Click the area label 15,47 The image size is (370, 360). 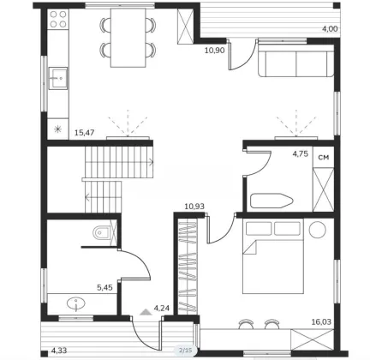click(x=84, y=133)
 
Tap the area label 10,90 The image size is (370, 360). click(x=215, y=51)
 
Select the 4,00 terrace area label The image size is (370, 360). click(x=330, y=28)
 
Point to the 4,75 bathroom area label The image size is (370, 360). click(x=301, y=154)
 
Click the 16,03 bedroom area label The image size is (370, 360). click(x=321, y=322)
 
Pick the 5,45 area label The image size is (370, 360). click(x=104, y=287)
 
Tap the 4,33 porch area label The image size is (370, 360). click(x=59, y=351)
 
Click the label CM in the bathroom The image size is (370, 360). click(x=324, y=158)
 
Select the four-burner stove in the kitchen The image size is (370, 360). click(x=58, y=19)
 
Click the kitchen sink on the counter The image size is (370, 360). click(x=58, y=78)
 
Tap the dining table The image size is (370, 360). click(x=128, y=38)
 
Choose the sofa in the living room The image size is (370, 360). click(x=295, y=60)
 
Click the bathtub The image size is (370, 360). click(x=272, y=201)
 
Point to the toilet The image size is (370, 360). click(x=101, y=232)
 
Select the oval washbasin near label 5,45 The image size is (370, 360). click(x=76, y=304)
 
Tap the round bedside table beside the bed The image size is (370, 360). click(x=318, y=230)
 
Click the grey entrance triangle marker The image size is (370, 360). click(x=146, y=312)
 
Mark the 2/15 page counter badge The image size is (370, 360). click(x=186, y=350)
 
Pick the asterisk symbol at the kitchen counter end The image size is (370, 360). click(x=57, y=129)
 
